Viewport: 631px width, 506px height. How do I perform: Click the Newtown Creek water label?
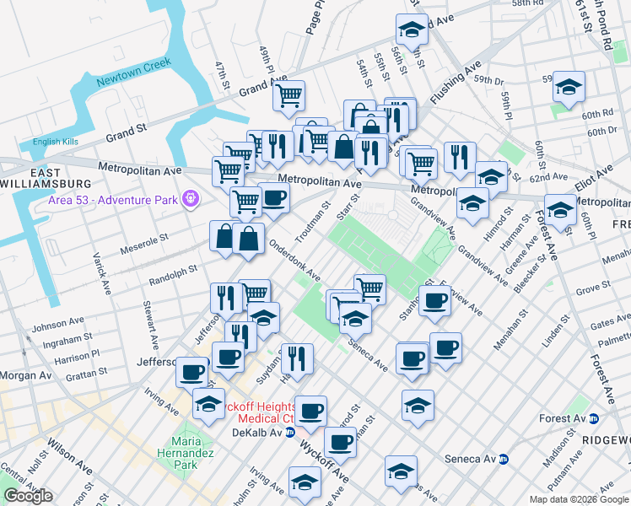[133, 73]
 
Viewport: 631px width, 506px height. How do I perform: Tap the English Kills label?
[55, 142]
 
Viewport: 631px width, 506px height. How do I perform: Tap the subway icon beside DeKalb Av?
[289, 433]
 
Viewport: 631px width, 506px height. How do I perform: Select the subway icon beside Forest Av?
[594, 418]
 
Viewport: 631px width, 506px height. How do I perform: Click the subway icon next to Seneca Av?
[504, 459]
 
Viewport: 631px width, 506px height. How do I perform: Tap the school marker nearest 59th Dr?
[569, 86]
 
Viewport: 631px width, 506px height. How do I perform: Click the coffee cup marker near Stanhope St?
[435, 300]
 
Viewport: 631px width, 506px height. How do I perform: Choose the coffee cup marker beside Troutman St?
[273, 198]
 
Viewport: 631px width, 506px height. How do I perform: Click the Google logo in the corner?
[28, 496]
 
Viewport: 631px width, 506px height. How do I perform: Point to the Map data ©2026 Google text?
[579, 499]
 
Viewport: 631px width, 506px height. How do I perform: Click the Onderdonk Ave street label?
[294, 262]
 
